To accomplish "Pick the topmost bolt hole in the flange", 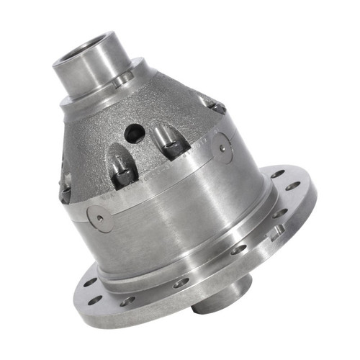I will [276, 174].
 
